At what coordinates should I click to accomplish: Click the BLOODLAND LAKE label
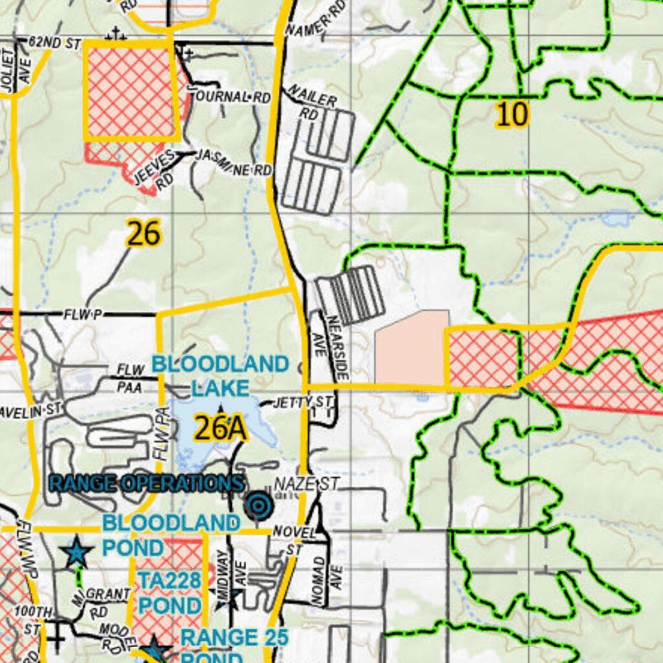tap(220, 376)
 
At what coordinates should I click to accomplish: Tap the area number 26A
tap(220, 429)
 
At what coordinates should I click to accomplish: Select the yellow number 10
tap(512, 115)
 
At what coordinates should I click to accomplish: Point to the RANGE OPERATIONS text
tap(147, 483)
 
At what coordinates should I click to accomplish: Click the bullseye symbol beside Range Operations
tap(259, 506)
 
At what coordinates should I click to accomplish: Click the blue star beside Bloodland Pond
tap(77, 552)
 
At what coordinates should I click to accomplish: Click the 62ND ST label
tap(54, 43)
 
